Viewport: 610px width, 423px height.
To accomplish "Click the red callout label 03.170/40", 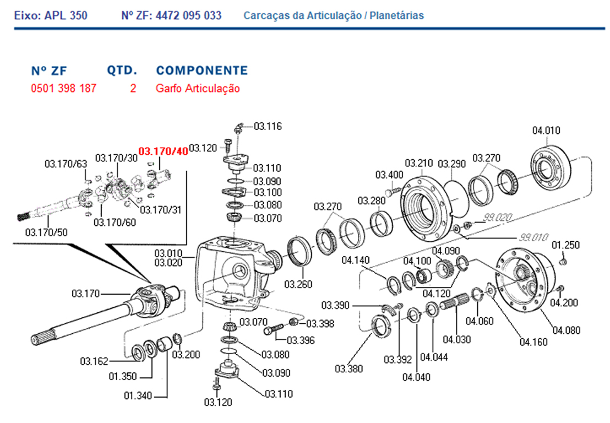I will coord(163,151).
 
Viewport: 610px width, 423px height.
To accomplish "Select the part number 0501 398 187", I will coord(63,88).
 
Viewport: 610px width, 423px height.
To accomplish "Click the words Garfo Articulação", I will coord(198,88).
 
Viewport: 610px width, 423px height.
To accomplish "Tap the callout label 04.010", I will coord(546,131).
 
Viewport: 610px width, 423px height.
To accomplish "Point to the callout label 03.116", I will coord(268,127).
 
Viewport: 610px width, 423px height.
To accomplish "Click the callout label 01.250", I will coord(565,245).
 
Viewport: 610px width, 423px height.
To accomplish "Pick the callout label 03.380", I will coord(348,368).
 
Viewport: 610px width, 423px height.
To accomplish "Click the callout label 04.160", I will coord(533,342).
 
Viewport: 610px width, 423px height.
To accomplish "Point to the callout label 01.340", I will coord(137,396).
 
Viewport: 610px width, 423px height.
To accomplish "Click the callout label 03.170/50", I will coord(46,232).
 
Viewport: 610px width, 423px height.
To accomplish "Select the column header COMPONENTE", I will coord(201,71).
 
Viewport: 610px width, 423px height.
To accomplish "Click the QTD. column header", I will coord(122,71).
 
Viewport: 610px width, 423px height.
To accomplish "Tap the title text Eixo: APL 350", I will coord(50,15).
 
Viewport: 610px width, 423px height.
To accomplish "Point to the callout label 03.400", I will coord(389,175).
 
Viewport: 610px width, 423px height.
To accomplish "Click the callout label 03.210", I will coord(418,164).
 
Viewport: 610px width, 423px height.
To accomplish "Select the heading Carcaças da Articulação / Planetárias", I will coord(334,15).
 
